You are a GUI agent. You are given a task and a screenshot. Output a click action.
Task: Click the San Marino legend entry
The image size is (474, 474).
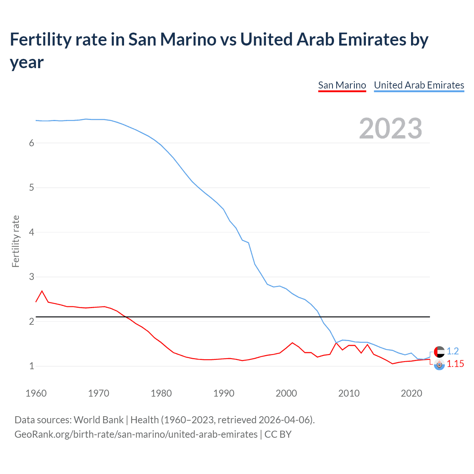(x=342, y=85)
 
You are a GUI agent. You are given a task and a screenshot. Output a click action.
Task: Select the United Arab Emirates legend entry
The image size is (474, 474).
(x=419, y=85)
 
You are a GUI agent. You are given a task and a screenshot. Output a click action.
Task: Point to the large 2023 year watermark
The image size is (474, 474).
(x=390, y=128)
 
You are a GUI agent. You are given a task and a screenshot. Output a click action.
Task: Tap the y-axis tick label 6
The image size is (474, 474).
(x=31, y=143)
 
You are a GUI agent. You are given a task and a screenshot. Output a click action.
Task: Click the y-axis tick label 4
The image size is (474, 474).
(x=31, y=232)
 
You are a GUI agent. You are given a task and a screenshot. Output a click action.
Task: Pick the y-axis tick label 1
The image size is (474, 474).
(x=31, y=366)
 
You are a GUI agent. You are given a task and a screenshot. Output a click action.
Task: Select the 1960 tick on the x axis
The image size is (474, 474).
(x=36, y=393)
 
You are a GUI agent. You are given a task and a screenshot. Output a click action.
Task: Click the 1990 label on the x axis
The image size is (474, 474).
(x=224, y=393)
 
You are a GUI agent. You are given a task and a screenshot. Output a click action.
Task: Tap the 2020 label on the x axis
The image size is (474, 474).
(x=411, y=393)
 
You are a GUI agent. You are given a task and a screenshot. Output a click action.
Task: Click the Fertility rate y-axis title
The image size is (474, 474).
(x=16, y=241)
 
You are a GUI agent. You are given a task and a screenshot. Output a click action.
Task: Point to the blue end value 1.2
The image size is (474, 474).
(x=453, y=351)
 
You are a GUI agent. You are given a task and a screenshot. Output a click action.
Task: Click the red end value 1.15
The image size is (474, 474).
(x=455, y=364)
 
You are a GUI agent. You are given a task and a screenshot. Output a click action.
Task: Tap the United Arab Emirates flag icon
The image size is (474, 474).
(x=439, y=351)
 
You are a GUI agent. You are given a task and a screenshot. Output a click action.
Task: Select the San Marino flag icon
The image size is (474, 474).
(x=439, y=364)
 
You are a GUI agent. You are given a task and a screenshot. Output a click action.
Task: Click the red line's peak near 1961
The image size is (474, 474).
(x=42, y=291)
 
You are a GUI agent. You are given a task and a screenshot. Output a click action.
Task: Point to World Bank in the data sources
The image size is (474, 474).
(x=99, y=420)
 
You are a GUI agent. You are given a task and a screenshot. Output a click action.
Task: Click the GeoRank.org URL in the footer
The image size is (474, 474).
(x=136, y=434)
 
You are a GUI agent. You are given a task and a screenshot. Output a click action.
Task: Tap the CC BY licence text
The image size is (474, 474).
(x=278, y=434)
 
